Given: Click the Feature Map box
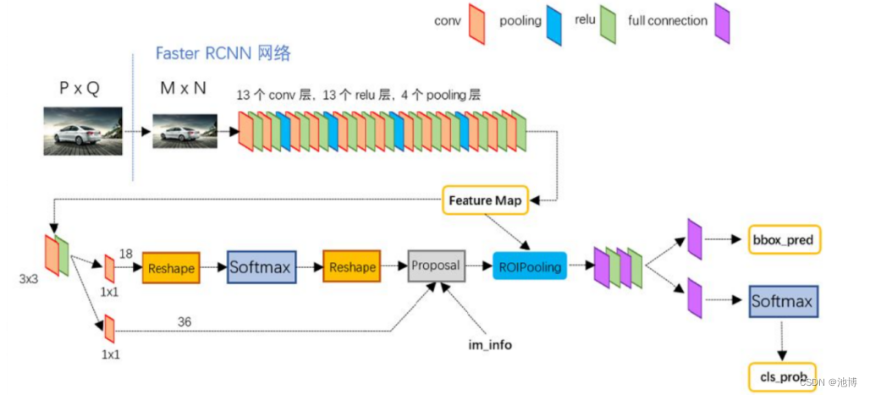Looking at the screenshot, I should (x=485, y=200).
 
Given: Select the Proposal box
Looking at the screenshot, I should (x=435, y=266).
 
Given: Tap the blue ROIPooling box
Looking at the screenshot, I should (x=530, y=266).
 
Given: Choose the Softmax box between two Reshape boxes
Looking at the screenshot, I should (x=260, y=267).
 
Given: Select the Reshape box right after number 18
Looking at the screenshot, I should (x=171, y=267).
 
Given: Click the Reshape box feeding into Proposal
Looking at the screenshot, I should (x=352, y=267).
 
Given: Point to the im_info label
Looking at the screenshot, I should (x=491, y=345).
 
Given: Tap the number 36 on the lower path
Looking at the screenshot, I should (x=184, y=321).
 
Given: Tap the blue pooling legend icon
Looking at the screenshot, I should (x=555, y=23).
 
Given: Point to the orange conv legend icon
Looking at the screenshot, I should (x=476, y=23).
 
